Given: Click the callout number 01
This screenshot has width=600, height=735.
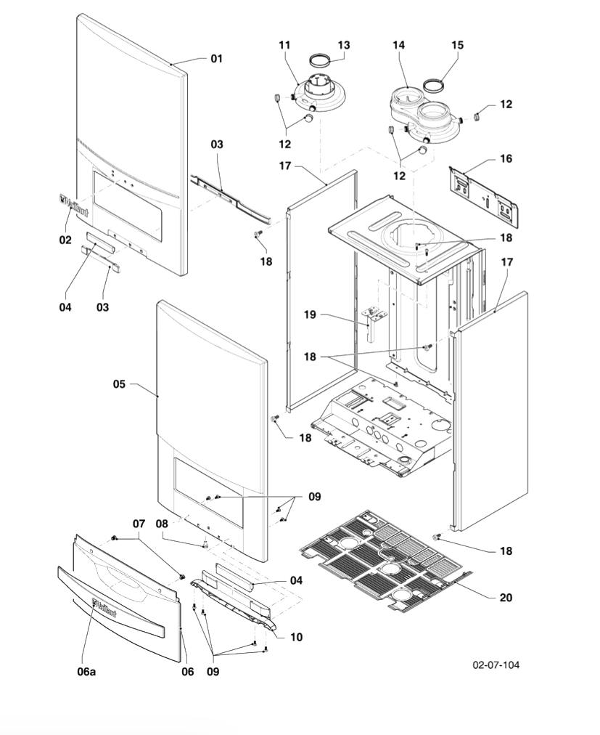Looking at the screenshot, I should [x=216, y=58].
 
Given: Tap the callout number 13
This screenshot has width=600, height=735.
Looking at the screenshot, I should [x=343, y=45].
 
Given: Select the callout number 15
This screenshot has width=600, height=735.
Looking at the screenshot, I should [x=457, y=45].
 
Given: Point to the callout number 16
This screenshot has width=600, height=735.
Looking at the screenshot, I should [x=506, y=158].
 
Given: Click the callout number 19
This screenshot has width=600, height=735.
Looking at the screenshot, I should [x=310, y=315].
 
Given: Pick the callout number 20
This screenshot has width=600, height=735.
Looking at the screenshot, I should [x=506, y=598].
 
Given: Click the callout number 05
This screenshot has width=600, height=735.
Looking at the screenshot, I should [x=119, y=384].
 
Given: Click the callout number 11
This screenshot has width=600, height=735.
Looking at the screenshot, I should [x=284, y=45].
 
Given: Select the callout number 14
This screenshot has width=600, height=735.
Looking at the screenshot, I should [x=398, y=45].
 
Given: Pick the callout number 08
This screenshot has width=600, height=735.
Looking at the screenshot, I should [x=162, y=523].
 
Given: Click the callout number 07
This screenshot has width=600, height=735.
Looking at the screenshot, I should [x=139, y=523].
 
